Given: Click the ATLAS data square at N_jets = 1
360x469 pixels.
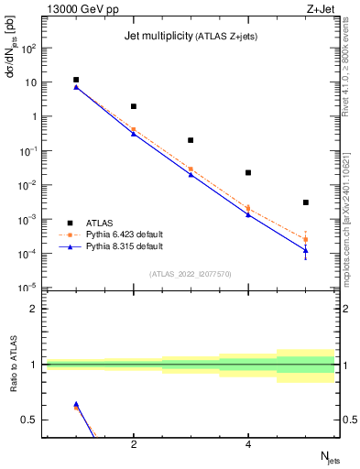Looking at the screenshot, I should [76, 80].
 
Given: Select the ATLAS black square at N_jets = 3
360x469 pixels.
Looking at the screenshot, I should [191, 140].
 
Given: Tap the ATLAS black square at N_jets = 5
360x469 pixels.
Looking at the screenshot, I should [305, 202].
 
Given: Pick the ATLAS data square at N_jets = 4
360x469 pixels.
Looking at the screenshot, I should [248, 172].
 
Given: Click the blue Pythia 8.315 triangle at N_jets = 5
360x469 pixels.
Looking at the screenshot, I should [305, 249].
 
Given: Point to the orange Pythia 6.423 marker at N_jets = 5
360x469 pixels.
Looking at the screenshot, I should [305, 239].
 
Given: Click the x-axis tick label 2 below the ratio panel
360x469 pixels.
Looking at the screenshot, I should [134, 445].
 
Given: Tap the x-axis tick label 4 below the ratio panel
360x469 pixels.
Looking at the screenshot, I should [248, 445].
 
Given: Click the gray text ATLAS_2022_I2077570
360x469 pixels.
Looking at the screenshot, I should [191, 274].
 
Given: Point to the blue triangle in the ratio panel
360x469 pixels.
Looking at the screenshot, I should [76, 404].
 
